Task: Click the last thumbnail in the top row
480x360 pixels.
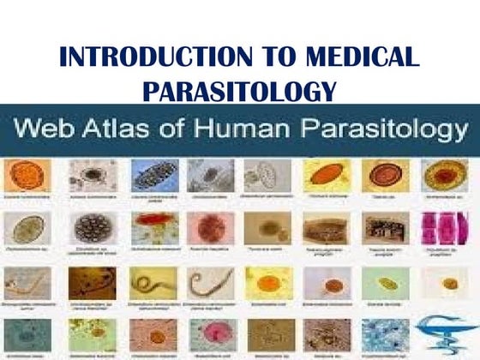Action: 443,175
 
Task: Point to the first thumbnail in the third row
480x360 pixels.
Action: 27,283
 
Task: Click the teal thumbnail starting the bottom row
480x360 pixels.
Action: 27,335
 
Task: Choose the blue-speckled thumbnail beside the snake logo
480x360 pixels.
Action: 385,335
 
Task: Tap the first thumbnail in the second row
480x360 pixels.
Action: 27,228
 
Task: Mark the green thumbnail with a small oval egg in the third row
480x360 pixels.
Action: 385,283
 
